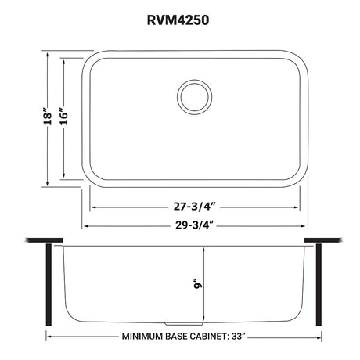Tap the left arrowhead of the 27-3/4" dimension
(96, 207)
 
